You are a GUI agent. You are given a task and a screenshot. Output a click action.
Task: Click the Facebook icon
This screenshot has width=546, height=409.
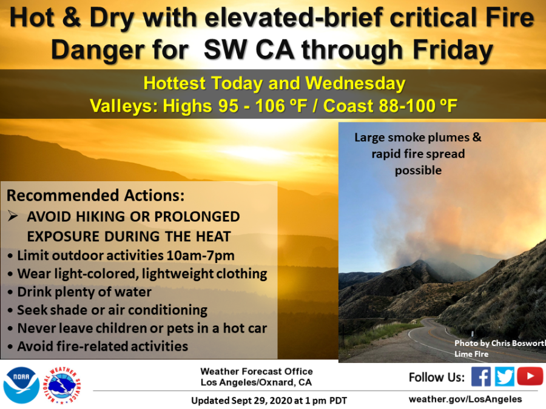click(480, 377)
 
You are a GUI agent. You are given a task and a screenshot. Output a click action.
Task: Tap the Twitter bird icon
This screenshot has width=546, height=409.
click(505, 377)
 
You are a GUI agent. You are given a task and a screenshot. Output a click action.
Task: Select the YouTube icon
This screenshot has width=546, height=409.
click(530, 377)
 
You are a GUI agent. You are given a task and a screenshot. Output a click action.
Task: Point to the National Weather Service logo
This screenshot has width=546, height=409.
click(66, 385)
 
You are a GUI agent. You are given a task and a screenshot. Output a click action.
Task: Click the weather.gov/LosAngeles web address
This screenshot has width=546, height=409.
click(465, 399)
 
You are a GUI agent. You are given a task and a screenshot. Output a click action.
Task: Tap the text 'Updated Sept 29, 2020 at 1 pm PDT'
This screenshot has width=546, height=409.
click(269, 401)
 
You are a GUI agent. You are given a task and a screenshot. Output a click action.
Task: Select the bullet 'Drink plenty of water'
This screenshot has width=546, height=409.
click(84, 292)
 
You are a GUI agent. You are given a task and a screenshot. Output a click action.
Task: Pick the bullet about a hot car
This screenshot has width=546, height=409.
click(142, 328)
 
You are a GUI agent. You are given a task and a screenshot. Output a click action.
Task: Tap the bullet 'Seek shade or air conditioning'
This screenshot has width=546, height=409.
click(112, 310)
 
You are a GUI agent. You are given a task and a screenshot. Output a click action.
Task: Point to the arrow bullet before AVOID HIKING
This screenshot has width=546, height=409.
click(13, 216)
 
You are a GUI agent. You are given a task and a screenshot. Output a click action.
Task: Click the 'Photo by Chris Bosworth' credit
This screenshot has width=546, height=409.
click(499, 343)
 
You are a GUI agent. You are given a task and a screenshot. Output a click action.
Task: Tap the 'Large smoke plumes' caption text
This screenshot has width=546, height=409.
click(418, 138)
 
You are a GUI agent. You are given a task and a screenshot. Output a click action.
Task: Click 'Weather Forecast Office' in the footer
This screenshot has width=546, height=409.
click(257, 371)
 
